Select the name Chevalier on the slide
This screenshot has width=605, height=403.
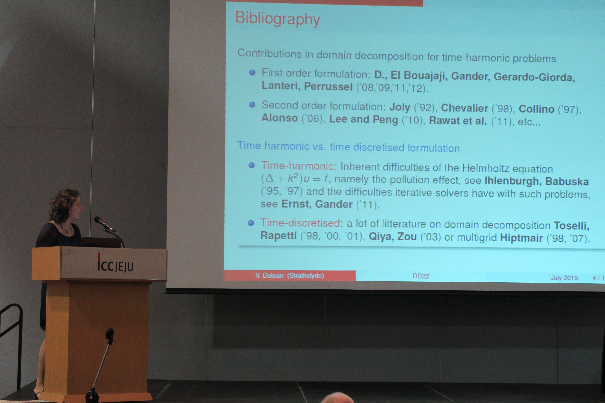tap(465, 108)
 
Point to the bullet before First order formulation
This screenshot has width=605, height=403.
tap(252, 72)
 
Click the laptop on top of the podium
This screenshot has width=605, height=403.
tap(101, 242)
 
